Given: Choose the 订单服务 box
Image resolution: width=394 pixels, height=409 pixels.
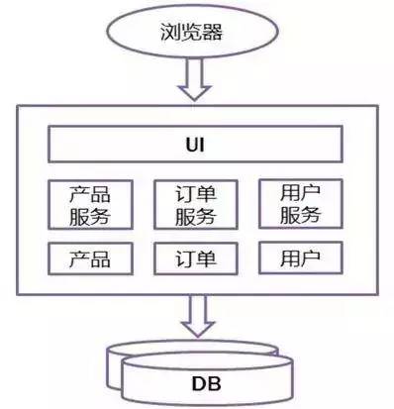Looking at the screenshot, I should pyautogui.click(x=194, y=204).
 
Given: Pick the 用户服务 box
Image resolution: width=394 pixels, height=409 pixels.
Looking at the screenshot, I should pyautogui.click(x=299, y=203).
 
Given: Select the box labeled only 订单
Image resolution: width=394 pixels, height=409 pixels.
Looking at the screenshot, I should pyautogui.click(x=194, y=259).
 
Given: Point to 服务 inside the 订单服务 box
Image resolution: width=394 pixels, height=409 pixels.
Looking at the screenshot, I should pyautogui.click(x=194, y=216).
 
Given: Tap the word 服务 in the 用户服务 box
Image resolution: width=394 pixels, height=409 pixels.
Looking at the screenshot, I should pyautogui.click(x=299, y=215).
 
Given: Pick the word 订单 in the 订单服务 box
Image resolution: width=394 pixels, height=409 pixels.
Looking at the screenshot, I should pyautogui.click(x=194, y=192).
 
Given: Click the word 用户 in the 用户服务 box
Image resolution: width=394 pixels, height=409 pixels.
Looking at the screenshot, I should pyautogui.click(x=299, y=191).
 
